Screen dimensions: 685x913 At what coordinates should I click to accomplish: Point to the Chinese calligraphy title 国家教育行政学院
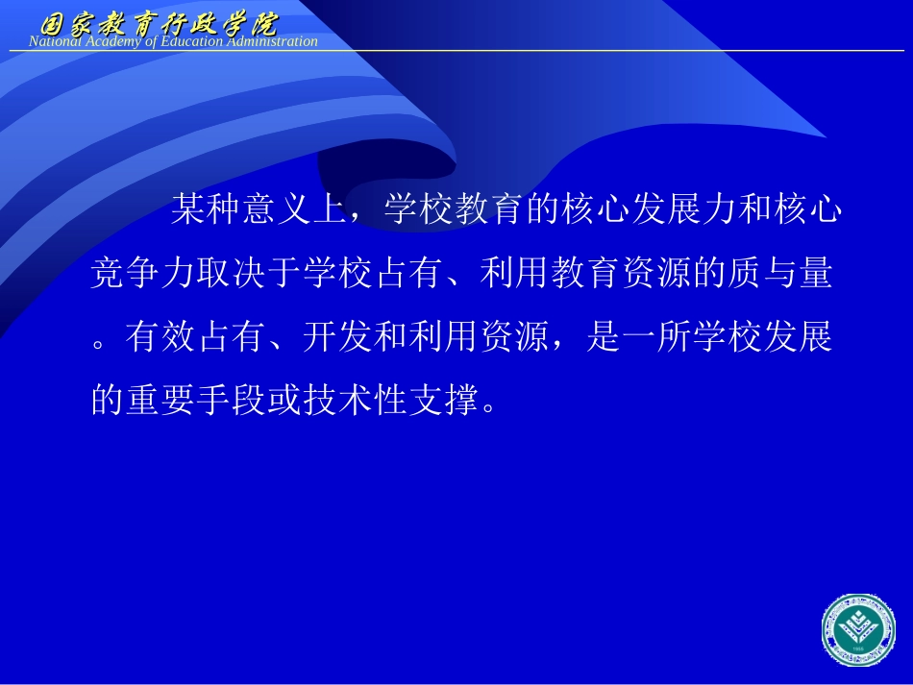(158, 22)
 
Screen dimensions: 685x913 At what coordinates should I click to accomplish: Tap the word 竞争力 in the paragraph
(144, 275)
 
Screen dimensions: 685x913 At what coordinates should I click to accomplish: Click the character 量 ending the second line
(814, 275)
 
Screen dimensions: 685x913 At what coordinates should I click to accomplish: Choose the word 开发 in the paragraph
(337, 338)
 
